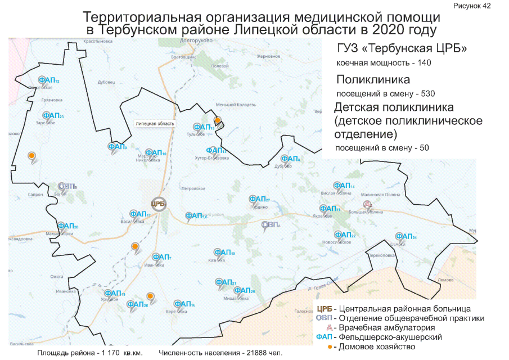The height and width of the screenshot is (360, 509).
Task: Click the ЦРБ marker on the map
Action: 158,204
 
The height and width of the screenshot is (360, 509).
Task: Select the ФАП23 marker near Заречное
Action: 52,116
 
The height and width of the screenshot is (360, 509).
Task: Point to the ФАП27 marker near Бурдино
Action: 259,200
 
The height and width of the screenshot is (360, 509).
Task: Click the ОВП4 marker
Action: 270,226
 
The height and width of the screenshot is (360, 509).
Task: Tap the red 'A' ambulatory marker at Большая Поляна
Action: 367,204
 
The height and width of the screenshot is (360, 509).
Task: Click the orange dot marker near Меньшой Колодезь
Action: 218,120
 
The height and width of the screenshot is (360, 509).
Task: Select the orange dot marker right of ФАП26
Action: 150,296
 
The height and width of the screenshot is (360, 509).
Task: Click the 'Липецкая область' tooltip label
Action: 154,123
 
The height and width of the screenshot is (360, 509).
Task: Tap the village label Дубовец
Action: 106,82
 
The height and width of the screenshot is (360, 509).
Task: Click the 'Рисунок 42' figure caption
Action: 471,6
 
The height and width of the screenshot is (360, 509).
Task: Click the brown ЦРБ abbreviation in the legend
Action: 324,309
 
